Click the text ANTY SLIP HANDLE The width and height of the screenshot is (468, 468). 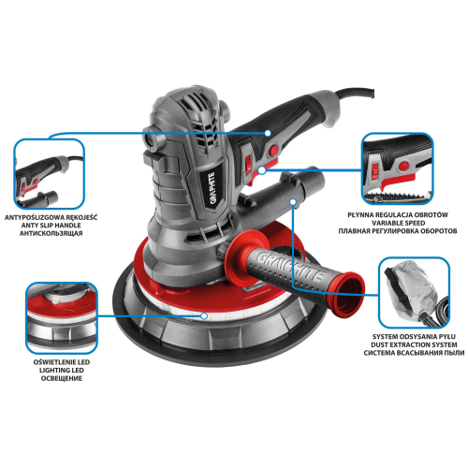(51, 226)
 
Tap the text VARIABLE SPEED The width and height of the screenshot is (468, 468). (398, 223)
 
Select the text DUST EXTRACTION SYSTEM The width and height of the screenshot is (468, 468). (414, 344)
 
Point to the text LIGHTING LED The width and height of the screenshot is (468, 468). (62, 371)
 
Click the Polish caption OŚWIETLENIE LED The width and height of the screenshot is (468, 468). (62, 362)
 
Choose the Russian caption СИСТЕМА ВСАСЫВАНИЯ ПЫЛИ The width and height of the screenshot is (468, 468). (414, 353)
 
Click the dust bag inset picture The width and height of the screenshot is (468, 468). (414, 292)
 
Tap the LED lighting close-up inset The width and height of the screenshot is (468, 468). (62, 317)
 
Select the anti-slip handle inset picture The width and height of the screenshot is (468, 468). (50, 174)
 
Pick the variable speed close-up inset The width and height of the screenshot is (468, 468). (398, 168)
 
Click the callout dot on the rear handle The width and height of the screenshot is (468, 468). (268, 133)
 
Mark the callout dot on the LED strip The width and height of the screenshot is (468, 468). (204, 316)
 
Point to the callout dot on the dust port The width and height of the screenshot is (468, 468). (293, 202)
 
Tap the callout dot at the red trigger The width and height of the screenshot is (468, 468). (262, 170)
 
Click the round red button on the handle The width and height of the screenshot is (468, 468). (274, 150)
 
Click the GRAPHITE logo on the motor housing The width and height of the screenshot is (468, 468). (212, 188)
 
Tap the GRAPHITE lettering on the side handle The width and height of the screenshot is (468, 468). (291, 265)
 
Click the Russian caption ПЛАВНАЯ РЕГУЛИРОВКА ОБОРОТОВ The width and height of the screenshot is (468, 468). (398, 231)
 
